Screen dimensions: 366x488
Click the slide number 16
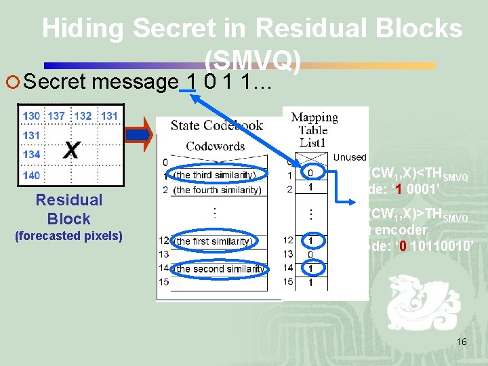[x=462, y=342]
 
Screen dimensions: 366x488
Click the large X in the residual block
[x=70, y=150]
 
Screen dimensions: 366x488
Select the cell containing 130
[x=31, y=116]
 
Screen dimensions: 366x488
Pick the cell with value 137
[x=56, y=116]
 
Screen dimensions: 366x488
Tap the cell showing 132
[x=83, y=116]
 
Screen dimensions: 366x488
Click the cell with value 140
[x=31, y=176]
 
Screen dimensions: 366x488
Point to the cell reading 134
[x=31, y=155]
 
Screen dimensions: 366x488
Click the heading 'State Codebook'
[x=217, y=125]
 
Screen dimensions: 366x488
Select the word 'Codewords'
[x=216, y=146]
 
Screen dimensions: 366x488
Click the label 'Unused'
[x=350, y=157]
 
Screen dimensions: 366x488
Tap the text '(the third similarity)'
[x=215, y=175]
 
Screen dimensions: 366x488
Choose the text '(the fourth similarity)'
[x=218, y=190]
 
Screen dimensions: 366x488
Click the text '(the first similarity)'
[x=213, y=241]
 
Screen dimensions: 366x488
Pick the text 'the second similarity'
[x=220, y=269]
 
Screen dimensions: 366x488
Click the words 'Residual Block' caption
[x=68, y=209]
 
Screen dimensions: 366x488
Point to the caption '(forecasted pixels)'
[x=68, y=236]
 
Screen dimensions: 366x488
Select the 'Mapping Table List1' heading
[x=314, y=130]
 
